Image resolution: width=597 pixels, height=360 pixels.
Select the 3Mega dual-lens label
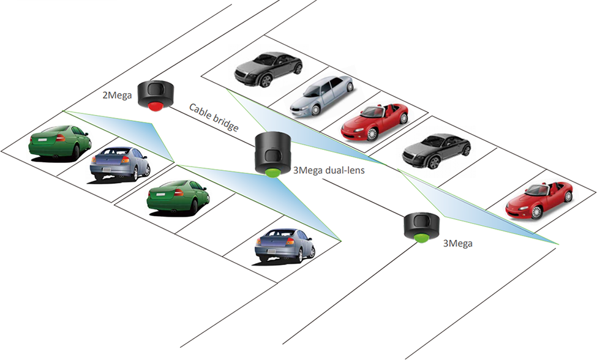(329, 171)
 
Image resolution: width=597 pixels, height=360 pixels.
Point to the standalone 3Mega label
(458, 242)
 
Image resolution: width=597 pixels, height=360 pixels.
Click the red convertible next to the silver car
(375, 121)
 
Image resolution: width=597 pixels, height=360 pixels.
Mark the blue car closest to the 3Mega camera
(285, 244)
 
